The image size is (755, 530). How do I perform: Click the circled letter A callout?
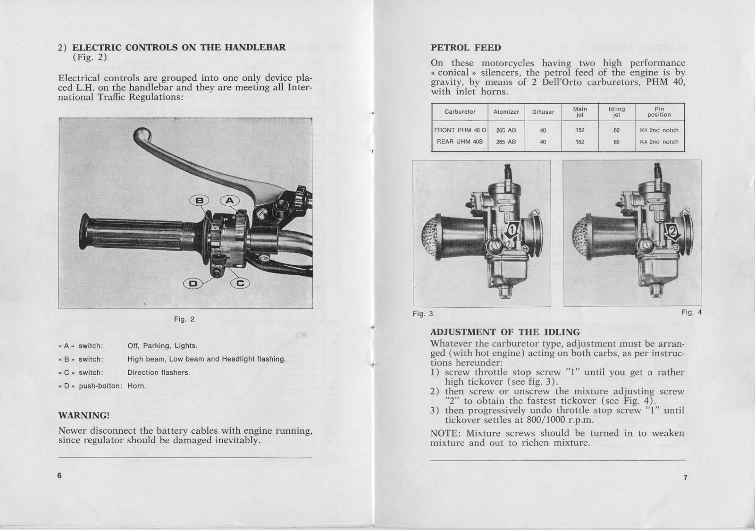229,201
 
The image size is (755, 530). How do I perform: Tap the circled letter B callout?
200,201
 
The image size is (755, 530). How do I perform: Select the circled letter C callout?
240,283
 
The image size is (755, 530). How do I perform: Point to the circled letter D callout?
193,283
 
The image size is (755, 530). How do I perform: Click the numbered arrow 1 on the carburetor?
511,231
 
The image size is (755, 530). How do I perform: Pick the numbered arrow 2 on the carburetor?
672,231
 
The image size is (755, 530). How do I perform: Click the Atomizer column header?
506,112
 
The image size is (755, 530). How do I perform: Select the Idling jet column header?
616,112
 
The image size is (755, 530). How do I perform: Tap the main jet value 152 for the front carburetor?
580,130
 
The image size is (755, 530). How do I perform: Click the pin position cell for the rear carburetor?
659,142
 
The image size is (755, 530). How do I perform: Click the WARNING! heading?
84,415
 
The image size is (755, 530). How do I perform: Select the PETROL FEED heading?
466,48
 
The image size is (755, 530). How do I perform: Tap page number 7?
685,478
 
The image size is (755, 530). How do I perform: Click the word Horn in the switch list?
137,386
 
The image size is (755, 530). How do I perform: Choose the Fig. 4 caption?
691,312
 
